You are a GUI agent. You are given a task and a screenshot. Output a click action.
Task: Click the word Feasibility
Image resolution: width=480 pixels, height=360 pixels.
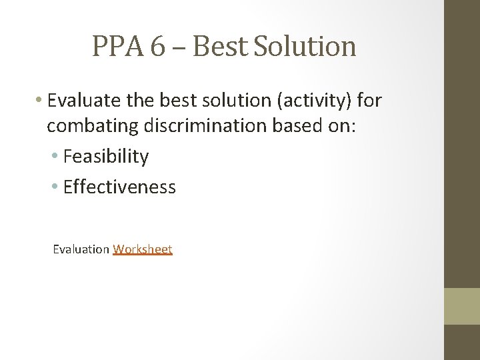tap(105, 157)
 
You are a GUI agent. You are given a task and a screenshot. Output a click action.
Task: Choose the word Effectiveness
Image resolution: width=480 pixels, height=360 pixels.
tap(119, 187)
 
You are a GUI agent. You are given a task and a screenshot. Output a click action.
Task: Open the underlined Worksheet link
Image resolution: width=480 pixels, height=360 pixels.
tap(143, 249)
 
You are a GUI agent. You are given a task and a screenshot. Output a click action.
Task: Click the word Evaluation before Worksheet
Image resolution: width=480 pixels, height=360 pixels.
tap(81, 249)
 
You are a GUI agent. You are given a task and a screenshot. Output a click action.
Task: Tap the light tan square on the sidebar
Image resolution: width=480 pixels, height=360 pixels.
tap(462, 306)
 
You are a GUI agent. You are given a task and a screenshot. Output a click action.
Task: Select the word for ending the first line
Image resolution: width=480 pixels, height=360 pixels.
tap(369, 101)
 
